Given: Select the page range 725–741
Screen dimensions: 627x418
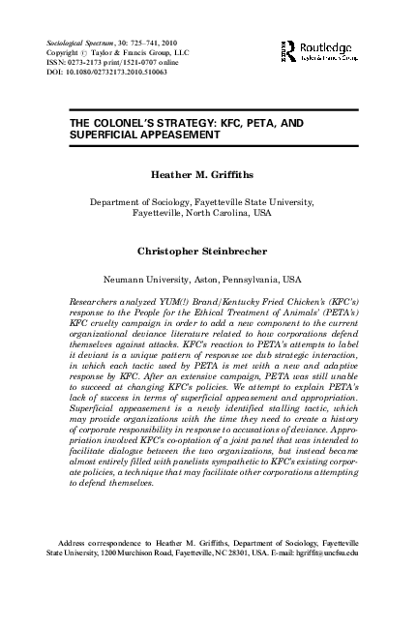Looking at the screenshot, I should click(x=153, y=45).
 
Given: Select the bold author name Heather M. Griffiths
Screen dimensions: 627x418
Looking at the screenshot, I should click(x=208, y=177).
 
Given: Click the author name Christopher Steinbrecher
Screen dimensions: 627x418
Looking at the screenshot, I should click(x=208, y=251).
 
